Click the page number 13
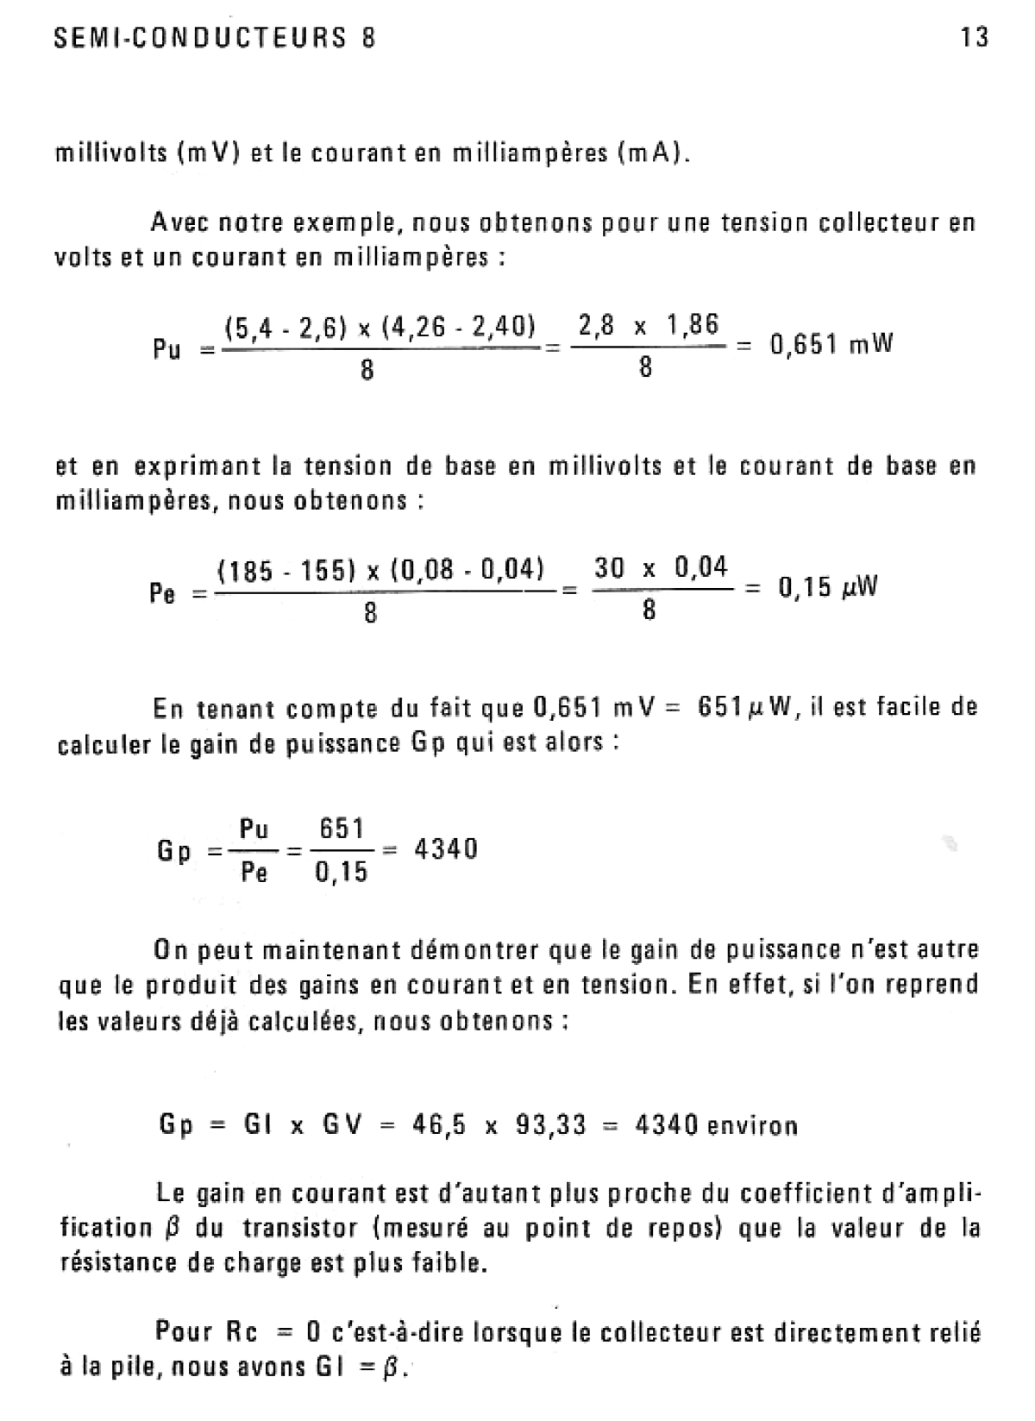974,38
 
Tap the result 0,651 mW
831,345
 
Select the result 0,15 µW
828,588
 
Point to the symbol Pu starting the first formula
166,350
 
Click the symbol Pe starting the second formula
162,593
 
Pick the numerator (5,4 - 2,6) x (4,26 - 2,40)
379,328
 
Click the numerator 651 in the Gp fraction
342,829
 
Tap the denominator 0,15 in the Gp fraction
342,873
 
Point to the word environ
751,1126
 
